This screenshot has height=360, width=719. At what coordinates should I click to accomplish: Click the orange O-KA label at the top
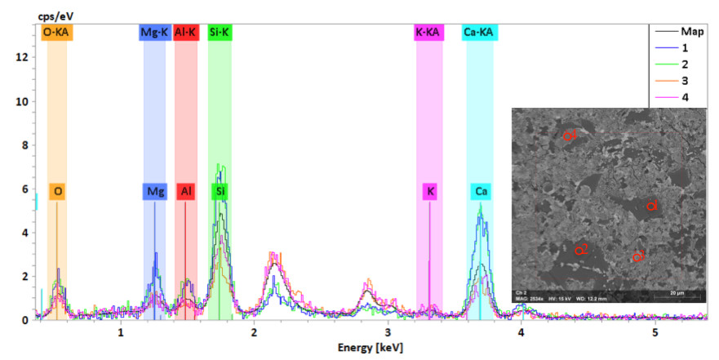(57, 33)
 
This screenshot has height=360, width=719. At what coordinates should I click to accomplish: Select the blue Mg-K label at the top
(155, 33)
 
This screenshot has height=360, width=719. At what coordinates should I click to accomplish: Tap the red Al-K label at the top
(186, 33)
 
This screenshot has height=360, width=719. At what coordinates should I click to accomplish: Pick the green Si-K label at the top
(220, 33)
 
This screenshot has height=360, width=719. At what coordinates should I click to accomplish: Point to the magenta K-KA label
(430, 33)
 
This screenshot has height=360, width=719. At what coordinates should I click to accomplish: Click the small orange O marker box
(57, 192)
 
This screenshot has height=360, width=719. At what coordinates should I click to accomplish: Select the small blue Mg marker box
(155, 192)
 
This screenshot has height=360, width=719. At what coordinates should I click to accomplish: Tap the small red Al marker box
(187, 192)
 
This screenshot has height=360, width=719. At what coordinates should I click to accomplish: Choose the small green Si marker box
(220, 192)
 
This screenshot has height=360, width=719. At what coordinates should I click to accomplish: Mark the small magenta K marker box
(431, 192)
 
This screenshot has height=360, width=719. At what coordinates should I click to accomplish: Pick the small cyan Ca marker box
(482, 192)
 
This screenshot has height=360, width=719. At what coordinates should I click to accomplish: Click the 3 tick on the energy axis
(388, 333)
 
